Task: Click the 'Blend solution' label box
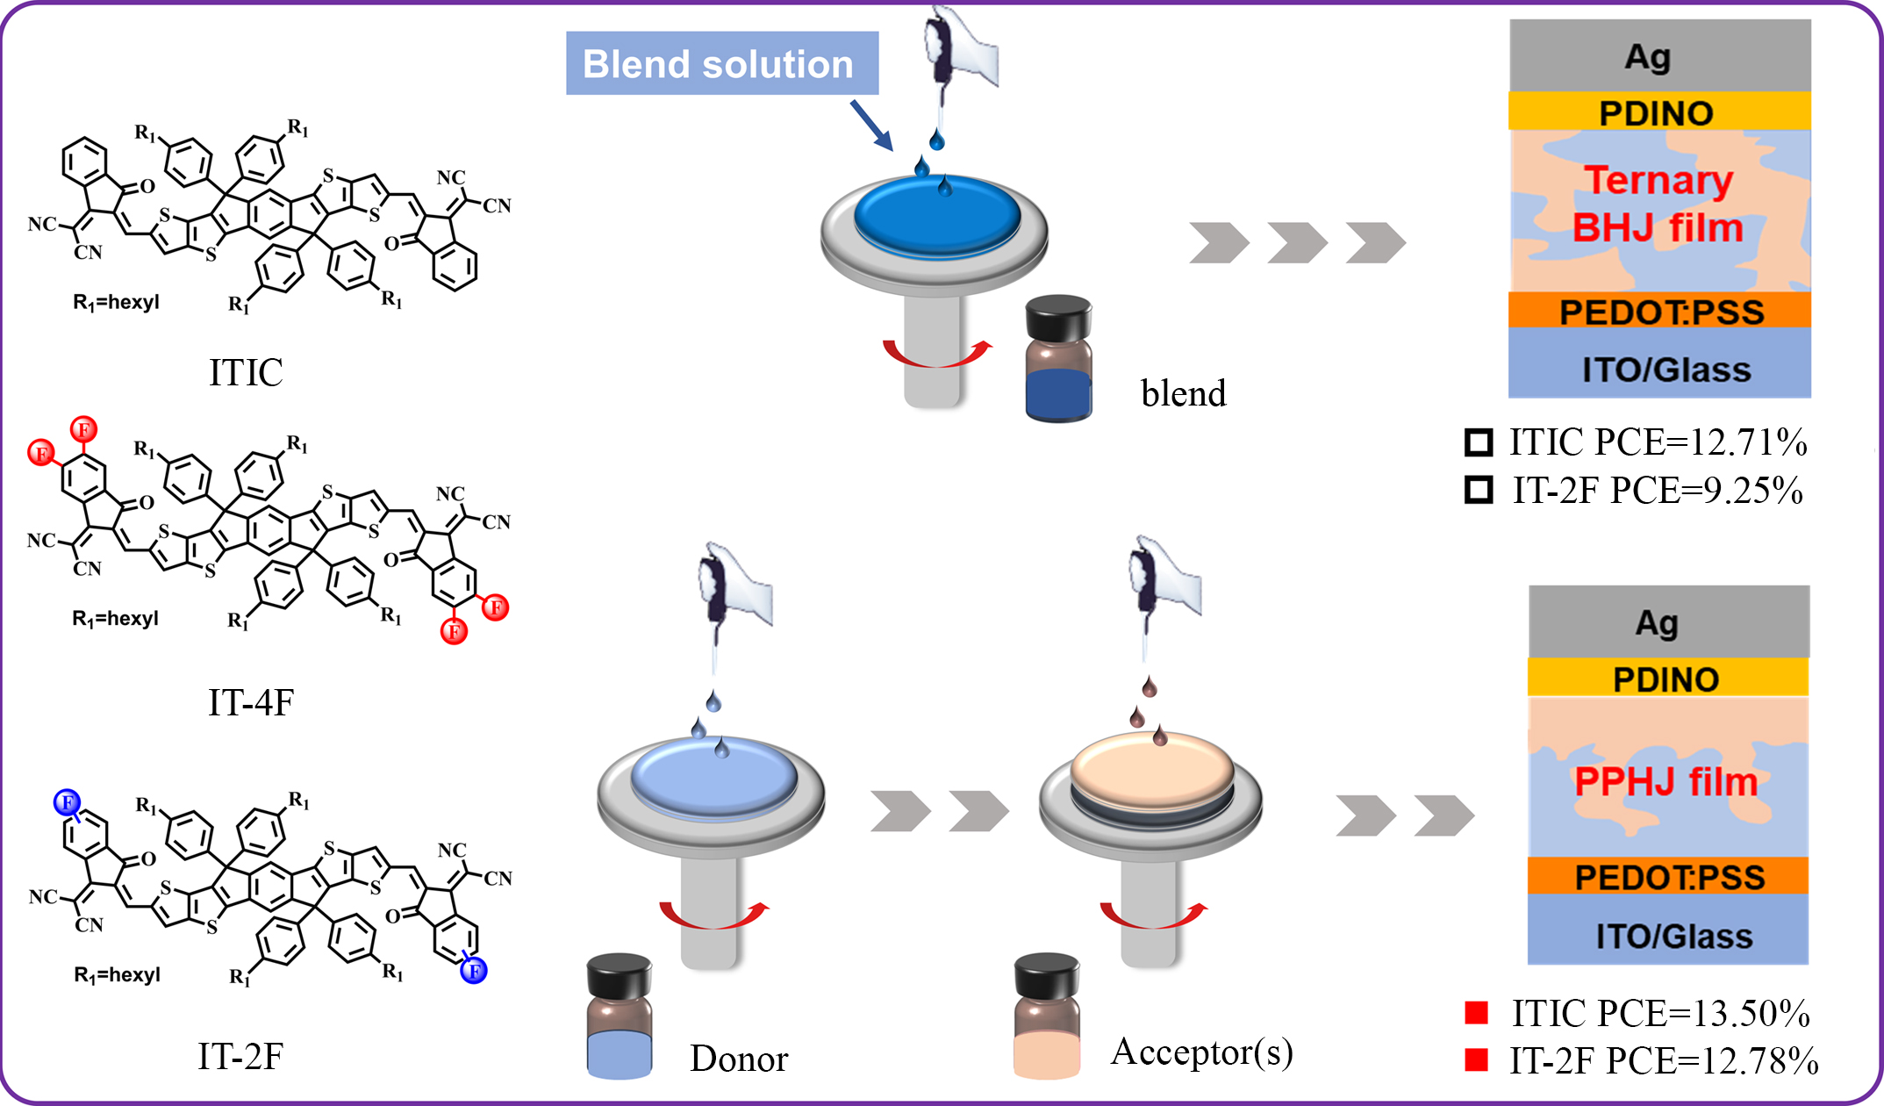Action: pyautogui.click(x=721, y=63)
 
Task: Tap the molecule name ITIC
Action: pyautogui.click(x=246, y=372)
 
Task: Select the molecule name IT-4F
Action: pyautogui.click(x=251, y=702)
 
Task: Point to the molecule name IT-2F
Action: pyautogui.click(x=240, y=1056)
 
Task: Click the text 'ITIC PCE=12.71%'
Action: pyautogui.click(x=1658, y=442)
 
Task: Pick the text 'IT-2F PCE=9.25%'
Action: pyautogui.click(x=1658, y=490)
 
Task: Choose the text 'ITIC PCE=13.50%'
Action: pyautogui.click(x=1660, y=1013)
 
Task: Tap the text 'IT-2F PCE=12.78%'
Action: pyautogui.click(x=1664, y=1060)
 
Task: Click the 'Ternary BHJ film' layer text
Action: pyautogui.click(x=1658, y=204)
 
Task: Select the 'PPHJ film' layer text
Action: pyautogui.click(x=1666, y=781)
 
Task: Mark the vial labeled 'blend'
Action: pyautogui.click(x=1058, y=360)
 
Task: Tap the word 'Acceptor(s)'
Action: pyautogui.click(x=1201, y=1052)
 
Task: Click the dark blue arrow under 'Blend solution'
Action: pyautogui.click(x=871, y=126)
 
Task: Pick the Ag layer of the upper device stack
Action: pyautogui.click(x=1659, y=55)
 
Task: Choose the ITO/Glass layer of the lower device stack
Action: pyautogui.click(x=1668, y=936)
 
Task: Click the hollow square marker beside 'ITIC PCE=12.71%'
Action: pyautogui.click(x=1479, y=442)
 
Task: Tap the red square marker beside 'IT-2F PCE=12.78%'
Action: pyautogui.click(x=1477, y=1059)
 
